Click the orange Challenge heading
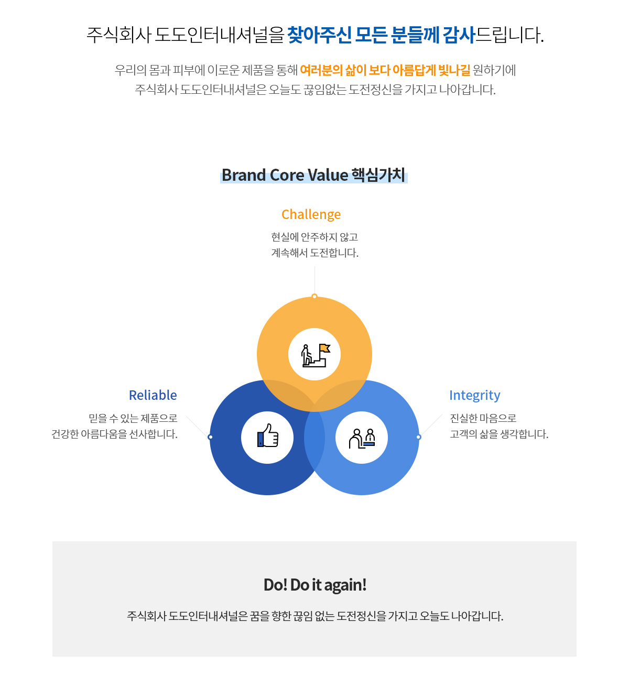pos(311,215)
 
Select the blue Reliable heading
pos(153,395)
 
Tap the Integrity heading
pos(474,396)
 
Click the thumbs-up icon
pos(267,435)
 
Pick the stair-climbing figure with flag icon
pos(316,355)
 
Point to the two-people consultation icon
pos(362,439)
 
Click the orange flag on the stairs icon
pos(324,348)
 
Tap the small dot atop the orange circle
pos(314,297)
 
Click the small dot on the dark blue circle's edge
pos(210,437)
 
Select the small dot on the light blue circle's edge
pos(418,437)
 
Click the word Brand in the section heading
pos(244,176)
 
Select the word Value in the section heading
pos(328,176)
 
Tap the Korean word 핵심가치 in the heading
pos(378,175)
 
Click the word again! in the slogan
pos(345,585)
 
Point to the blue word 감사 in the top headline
pos(458,35)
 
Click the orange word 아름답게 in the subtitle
pos(414,70)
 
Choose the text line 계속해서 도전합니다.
pos(314,253)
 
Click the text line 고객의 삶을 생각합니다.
pos(499,434)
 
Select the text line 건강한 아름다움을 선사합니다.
pos(114,434)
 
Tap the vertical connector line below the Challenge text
pos(314,280)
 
